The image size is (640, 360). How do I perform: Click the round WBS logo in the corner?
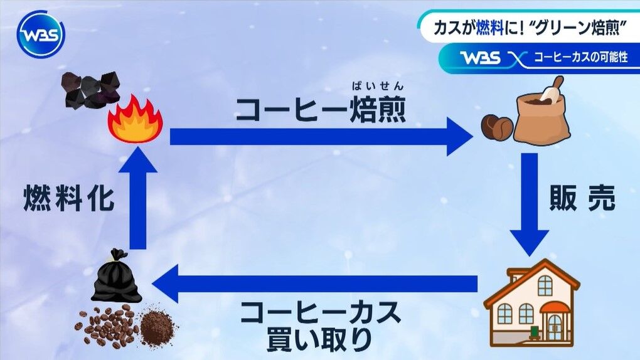(40, 34)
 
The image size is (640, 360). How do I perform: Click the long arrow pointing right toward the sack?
(320, 136)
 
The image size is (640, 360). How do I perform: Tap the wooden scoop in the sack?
(552, 88)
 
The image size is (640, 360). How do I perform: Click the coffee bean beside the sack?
(496, 127)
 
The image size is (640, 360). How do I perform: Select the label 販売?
(582, 199)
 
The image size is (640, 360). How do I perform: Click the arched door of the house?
(554, 325)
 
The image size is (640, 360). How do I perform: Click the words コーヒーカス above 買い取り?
(320, 312)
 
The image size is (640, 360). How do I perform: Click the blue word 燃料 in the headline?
(490, 26)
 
